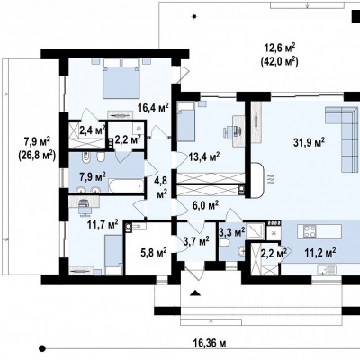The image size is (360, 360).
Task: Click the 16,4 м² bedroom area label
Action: [x=153, y=107]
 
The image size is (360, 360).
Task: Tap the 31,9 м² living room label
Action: [x=310, y=141]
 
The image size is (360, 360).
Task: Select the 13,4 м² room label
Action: [x=204, y=157]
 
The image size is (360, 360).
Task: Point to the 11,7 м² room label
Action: [x=103, y=224]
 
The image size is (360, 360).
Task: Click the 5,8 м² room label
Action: [x=154, y=253]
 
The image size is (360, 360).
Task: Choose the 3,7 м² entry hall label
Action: [x=196, y=240]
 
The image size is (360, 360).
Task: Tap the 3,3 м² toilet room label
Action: [x=232, y=231]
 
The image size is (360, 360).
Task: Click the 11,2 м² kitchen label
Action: [x=319, y=253]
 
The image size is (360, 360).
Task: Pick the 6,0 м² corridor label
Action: [x=205, y=205]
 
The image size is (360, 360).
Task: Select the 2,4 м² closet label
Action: [x=93, y=130]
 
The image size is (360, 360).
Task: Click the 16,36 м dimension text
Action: [x=211, y=343]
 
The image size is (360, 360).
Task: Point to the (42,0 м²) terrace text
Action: [x=279, y=61]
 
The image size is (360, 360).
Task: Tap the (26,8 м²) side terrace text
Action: [x=37, y=155]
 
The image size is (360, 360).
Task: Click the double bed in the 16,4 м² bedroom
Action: [x=121, y=78]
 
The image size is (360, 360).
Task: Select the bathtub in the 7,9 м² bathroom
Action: [x=126, y=185]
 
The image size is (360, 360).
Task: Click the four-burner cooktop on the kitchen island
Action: [x=310, y=231]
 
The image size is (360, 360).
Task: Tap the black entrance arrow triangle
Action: [x=195, y=293]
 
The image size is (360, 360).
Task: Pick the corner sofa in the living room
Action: [x=342, y=139]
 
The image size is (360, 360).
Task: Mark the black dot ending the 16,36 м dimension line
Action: [x=42, y=348]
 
